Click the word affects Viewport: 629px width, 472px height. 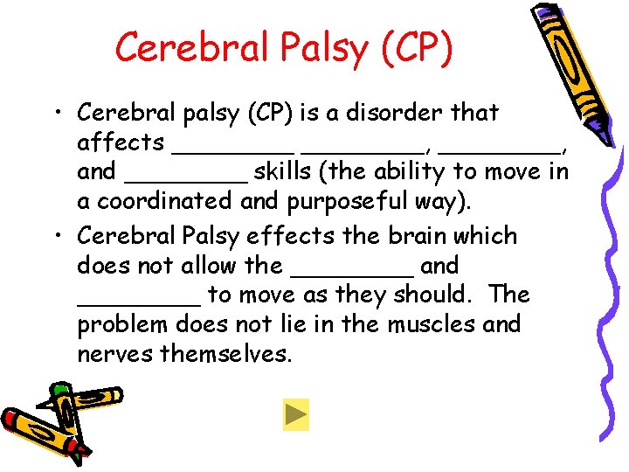pyautogui.click(x=121, y=142)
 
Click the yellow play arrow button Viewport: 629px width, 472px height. pyautogui.click(x=296, y=414)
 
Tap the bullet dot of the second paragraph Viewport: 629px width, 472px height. pyautogui.click(x=57, y=236)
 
